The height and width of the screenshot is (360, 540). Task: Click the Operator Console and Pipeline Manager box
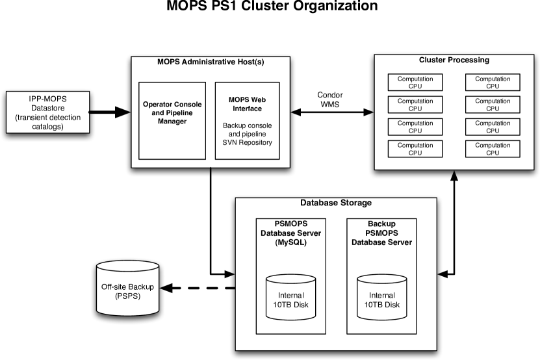(x=172, y=120)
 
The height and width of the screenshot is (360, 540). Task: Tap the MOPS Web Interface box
(x=247, y=120)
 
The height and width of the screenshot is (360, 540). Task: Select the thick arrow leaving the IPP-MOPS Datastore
(x=110, y=112)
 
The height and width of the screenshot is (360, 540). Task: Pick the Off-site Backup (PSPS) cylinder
(x=127, y=287)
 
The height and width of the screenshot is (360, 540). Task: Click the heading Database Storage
(x=336, y=203)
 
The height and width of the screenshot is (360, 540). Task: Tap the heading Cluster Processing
(x=454, y=60)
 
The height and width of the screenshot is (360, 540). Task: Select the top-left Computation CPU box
(x=415, y=82)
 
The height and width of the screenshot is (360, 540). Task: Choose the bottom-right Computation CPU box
(x=492, y=149)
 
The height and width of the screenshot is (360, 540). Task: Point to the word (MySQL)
(x=290, y=242)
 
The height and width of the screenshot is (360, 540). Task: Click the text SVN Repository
(x=247, y=142)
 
